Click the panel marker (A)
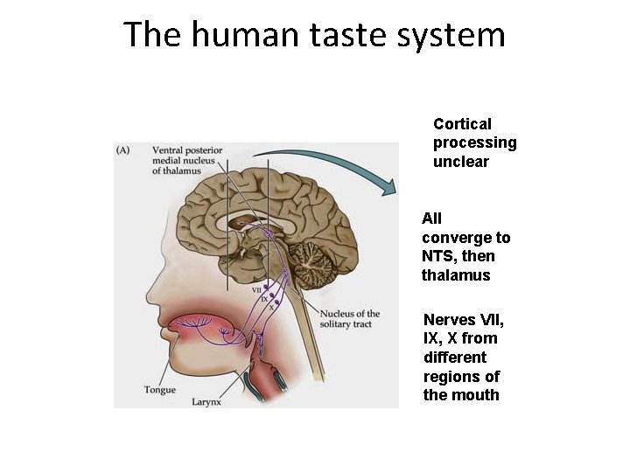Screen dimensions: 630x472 pyautogui.click(x=123, y=149)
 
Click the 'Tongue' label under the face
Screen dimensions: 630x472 pyautogui.click(x=160, y=390)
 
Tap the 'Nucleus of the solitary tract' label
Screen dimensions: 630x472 pyautogui.click(x=350, y=319)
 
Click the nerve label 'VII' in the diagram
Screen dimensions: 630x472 pyautogui.click(x=256, y=288)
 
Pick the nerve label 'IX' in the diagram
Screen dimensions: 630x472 pyautogui.click(x=263, y=298)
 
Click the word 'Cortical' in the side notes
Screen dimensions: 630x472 pyautogui.click(x=462, y=124)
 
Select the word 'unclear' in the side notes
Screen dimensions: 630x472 pyautogui.click(x=460, y=162)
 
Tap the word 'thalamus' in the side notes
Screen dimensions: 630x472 pyautogui.click(x=456, y=275)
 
